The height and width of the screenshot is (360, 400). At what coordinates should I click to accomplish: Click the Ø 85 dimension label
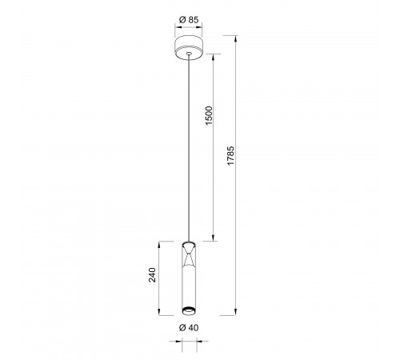pyautogui.click(x=189, y=20)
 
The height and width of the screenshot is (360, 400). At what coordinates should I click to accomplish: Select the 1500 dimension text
pyautogui.click(x=209, y=115)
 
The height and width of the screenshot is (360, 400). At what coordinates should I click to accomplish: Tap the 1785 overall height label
pyautogui.click(x=230, y=155)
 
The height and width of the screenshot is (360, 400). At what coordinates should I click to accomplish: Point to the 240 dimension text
pyautogui.click(x=152, y=274)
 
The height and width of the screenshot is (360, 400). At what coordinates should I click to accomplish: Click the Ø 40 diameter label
pyautogui.click(x=189, y=327)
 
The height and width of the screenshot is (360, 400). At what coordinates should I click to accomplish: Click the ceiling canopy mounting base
pyautogui.click(x=189, y=47)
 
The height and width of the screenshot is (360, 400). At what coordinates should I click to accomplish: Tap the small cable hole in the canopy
pyautogui.click(x=189, y=54)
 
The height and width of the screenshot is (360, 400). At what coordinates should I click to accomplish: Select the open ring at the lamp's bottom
pyautogui.click(x=189, y=310)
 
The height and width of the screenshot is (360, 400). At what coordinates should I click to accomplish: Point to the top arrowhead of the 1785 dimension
pyautogui.click(x=235, y=38)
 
